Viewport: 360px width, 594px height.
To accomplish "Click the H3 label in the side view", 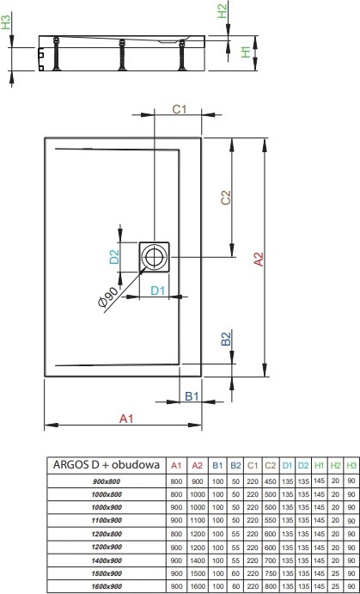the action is pyautogui.click(x=6, y=21).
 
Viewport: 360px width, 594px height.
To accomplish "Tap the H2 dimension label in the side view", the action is pyautogui.click(x=223, y=11).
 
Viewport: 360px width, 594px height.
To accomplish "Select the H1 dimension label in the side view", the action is pyautogui.click(x=247, y=52).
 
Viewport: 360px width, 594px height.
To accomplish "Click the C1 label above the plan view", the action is pyautogui.click(x=180, y=109).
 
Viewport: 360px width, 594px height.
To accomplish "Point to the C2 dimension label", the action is pyautogui.click(x=226, y=198).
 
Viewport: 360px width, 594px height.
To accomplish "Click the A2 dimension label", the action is pyautogui.click(x=259, y=259).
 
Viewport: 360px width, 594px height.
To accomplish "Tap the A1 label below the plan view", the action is pyautogui.click(x=126, y=419).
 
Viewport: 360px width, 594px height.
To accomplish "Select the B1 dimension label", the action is pyautogui.click(x=192, y=396).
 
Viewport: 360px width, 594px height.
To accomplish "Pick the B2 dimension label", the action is pyautogui.click(x=226, y=339).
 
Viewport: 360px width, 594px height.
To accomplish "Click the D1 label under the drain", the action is pyautogui.click(x=158, y=291).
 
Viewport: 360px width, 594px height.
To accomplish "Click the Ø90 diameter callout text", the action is pyautogui.click(x=107, y=297).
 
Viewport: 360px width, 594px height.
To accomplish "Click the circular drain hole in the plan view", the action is pyautogui.click(x=154, y=257).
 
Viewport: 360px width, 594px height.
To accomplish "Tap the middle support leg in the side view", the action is pyautogui.click(x=122, y=55).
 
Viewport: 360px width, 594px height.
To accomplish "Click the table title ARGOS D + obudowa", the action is pyautogui.click(x=106, y=465).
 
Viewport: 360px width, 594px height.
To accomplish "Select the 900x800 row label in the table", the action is pyautogui.click(x=107, y=482).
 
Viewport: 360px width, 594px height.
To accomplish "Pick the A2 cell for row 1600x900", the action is pyautogui.click(x=198, y=586).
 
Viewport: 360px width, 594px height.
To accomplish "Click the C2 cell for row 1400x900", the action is pyautogui.click(x=271, y=560).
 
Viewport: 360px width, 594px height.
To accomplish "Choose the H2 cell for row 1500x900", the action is pyautogui.click(x=334, y=573).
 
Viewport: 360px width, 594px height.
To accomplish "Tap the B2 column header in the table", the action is pyautogui.click(x=235, y=466).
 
